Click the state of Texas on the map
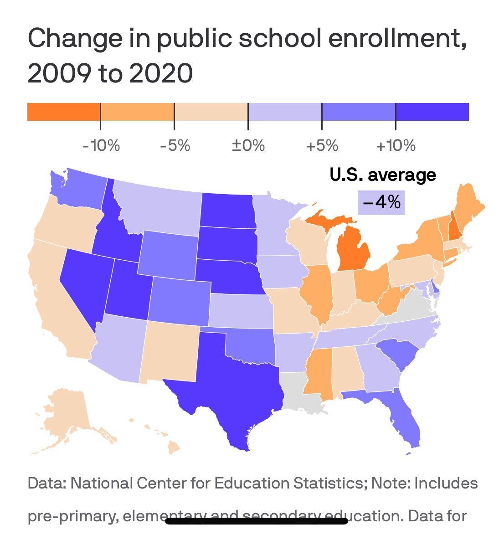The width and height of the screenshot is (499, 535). (x=228, y=387)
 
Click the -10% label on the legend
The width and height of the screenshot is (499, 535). (x=101, y=146)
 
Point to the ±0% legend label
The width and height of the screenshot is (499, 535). (x=248, y=146)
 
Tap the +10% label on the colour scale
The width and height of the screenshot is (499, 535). (x=396, y=146)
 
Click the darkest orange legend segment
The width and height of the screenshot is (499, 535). (x=64, y=112)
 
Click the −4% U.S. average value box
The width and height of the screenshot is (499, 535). (x=381, y=202)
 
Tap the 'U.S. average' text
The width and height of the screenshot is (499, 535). (x=382, y=175)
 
